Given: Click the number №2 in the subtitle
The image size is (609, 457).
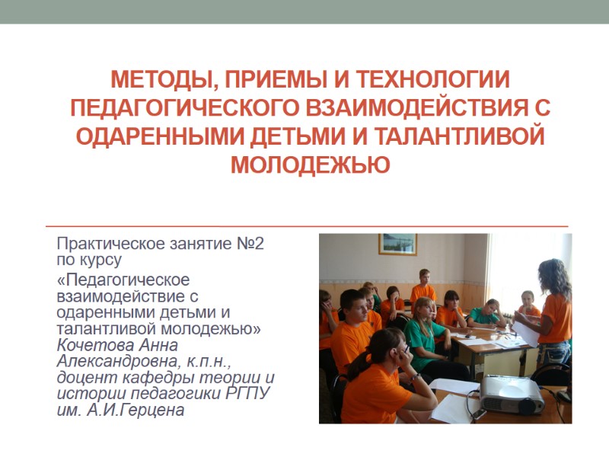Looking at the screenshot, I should click(247, 244).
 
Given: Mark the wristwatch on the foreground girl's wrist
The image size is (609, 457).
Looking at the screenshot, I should click(415, 376).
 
